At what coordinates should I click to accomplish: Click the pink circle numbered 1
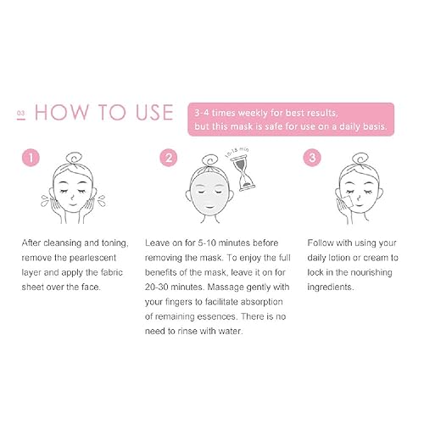[30, 159]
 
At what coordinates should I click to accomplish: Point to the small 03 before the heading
[20, 113]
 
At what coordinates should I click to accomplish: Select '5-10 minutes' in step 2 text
[230, 243]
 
